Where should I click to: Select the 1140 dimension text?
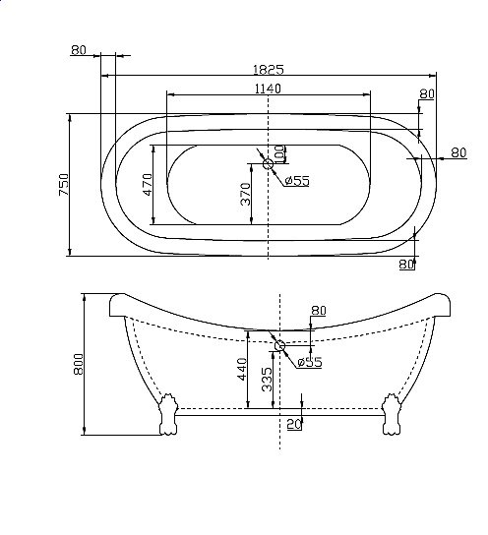268,89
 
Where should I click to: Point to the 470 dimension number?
148,186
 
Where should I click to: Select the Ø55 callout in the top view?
297,180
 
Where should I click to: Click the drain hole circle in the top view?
268,164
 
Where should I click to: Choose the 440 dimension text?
241,370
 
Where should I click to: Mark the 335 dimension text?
267,380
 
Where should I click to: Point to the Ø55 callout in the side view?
310,362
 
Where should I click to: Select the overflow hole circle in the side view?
281,345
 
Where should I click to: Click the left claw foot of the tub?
166,414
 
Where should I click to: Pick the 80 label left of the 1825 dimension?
80,49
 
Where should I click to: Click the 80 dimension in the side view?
318,311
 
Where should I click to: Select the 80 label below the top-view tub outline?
407,264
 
